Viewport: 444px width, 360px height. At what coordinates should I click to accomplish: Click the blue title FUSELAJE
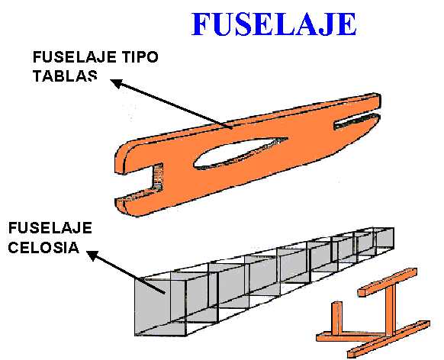click(x=274, y=24)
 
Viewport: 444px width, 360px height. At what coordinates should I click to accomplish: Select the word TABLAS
click(x=65, y=76)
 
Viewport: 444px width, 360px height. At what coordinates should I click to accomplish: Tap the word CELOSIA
click(x=43, y=247)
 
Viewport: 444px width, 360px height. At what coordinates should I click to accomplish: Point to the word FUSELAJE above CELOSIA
click(x=50, y=228)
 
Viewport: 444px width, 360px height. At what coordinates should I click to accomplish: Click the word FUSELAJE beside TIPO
click(x=75, y=57)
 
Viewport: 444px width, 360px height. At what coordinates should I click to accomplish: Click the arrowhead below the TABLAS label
click(x=117, y=83)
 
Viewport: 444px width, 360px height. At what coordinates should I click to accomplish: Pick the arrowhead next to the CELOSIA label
click(x=93, y=256)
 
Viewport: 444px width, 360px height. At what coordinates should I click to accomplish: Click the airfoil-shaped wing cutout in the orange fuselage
click(x=240, y=153)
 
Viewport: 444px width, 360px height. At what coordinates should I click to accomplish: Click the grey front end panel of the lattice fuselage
click(x=153, y=307)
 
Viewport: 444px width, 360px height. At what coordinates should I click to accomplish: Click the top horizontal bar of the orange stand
click(x=388, y=282)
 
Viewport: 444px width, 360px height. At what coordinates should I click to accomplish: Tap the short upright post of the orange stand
click(x=337, y=318)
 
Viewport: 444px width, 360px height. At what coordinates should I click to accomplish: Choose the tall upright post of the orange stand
click(x=391, y=310)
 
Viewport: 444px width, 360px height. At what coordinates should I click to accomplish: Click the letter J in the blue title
click(x=324, y=24)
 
